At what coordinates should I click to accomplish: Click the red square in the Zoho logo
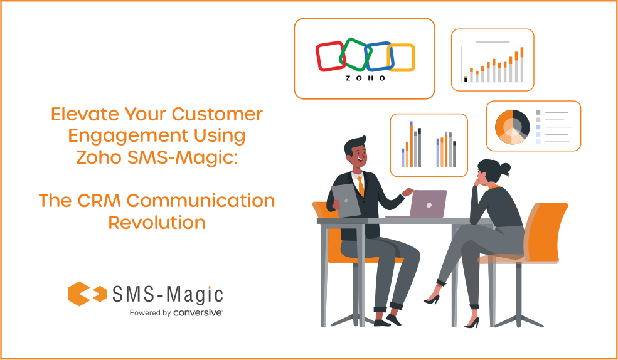[x=330, y=56]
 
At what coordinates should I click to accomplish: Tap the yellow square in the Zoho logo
[x=401, y=57]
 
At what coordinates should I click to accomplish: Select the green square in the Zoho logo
[x=354, y=55]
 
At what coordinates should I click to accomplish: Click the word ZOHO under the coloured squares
[x=366, y=79]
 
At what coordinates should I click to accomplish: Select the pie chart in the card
[x=512, y=126]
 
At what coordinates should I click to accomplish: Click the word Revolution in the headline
[x=157, y=223]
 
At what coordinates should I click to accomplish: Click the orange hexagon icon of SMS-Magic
[x=80, y=294]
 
